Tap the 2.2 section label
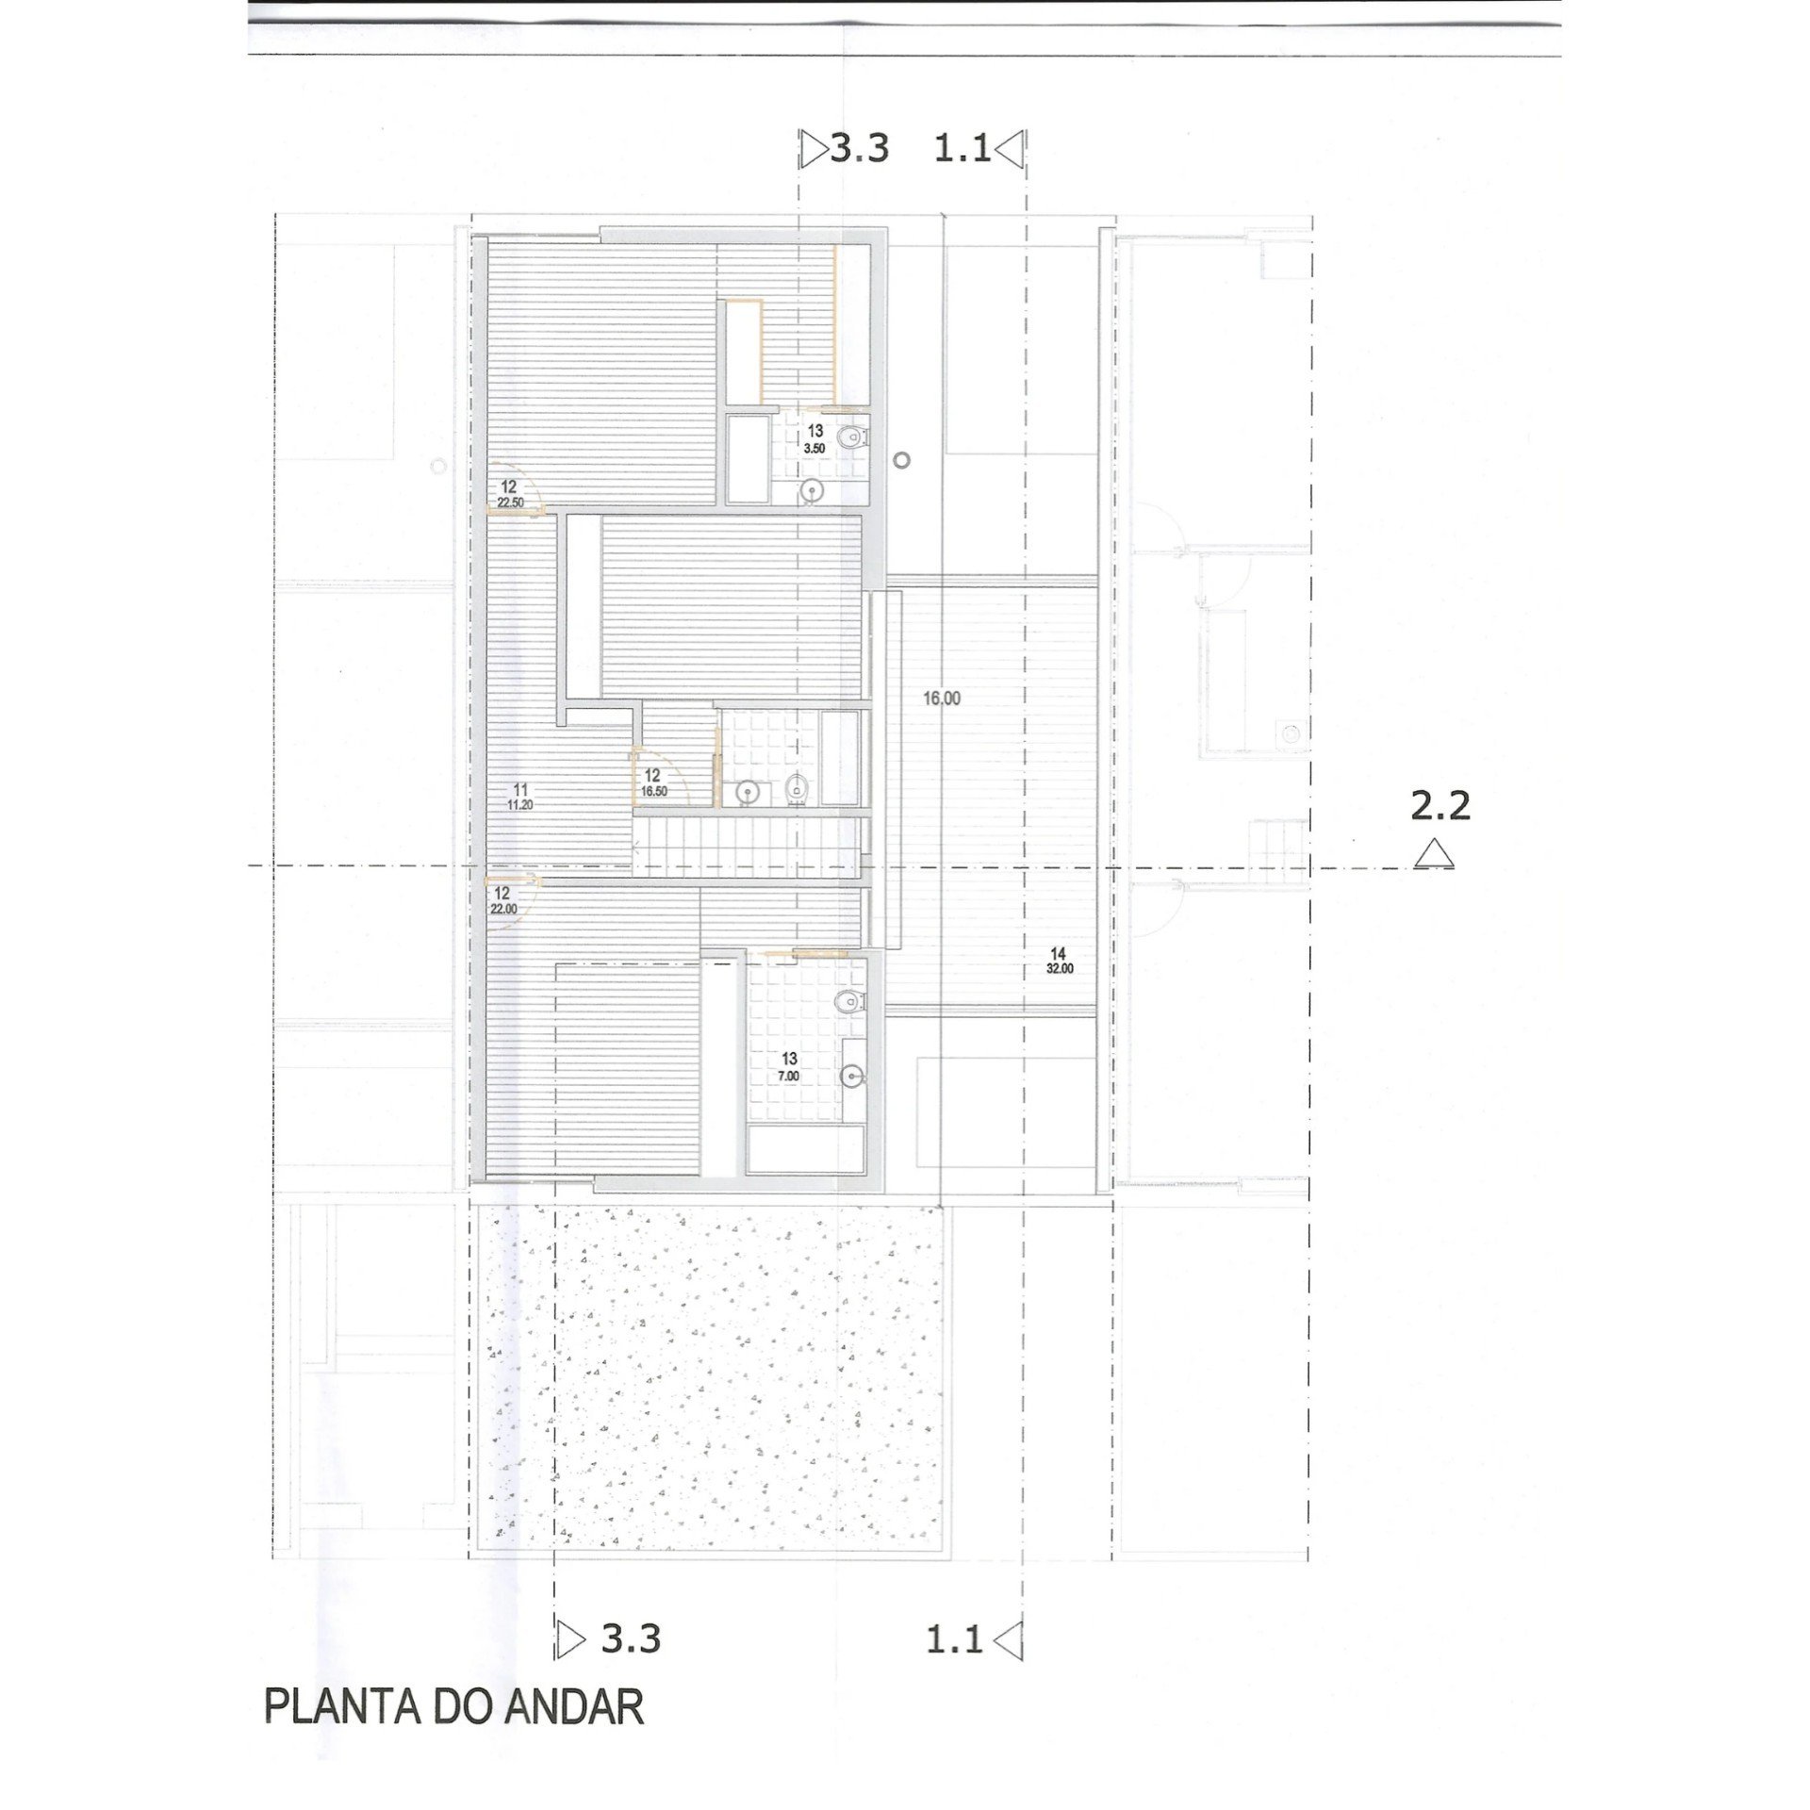(1440, 806)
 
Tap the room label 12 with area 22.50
(509, 494)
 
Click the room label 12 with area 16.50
(653, 782)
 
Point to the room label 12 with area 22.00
(502, 900)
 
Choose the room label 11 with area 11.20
(520, 797)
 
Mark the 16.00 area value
(942, 699)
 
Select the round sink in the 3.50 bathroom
(812, 489)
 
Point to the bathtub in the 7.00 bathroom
(806, 1149)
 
